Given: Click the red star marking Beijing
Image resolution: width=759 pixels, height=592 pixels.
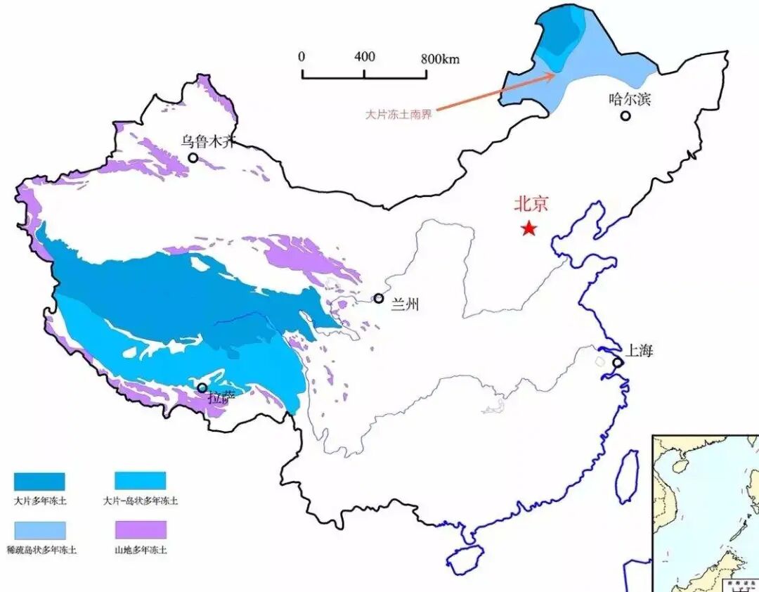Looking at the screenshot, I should [x=528, y=229].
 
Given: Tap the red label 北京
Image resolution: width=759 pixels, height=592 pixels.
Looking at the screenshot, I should [x=531, y=205].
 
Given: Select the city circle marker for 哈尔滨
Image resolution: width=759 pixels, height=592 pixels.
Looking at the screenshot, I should [x=625, y=115].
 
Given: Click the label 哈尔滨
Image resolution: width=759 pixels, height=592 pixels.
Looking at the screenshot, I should [x=630, y=99].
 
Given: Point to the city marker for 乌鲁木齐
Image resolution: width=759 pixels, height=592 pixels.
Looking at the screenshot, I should [x=193, y=157].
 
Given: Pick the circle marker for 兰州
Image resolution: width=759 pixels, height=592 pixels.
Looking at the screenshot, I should [x=378, y=299].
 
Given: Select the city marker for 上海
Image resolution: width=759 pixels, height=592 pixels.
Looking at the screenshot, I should [x=617, y=363].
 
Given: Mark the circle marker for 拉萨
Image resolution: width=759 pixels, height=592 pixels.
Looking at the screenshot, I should [x=202, y=387].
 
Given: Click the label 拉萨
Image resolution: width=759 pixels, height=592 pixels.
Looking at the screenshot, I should [x=221, y=397].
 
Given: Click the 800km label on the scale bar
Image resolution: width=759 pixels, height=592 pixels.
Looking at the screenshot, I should [x=440, y=58].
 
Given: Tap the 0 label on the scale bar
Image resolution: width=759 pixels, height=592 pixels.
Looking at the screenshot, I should [x=301, y=57].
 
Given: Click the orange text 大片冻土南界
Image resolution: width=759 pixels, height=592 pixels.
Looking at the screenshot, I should [x=398, y=113].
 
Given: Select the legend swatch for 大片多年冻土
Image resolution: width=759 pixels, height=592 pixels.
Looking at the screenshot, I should [x=39, y=481].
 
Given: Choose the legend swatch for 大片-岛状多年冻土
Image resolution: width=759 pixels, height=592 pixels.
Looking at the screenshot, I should [x=141, y=481].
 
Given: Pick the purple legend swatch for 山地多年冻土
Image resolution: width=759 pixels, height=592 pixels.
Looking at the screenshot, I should [x=141, y=529].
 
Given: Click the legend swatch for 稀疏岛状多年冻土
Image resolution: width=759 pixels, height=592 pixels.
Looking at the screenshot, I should [x=39, y=529].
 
